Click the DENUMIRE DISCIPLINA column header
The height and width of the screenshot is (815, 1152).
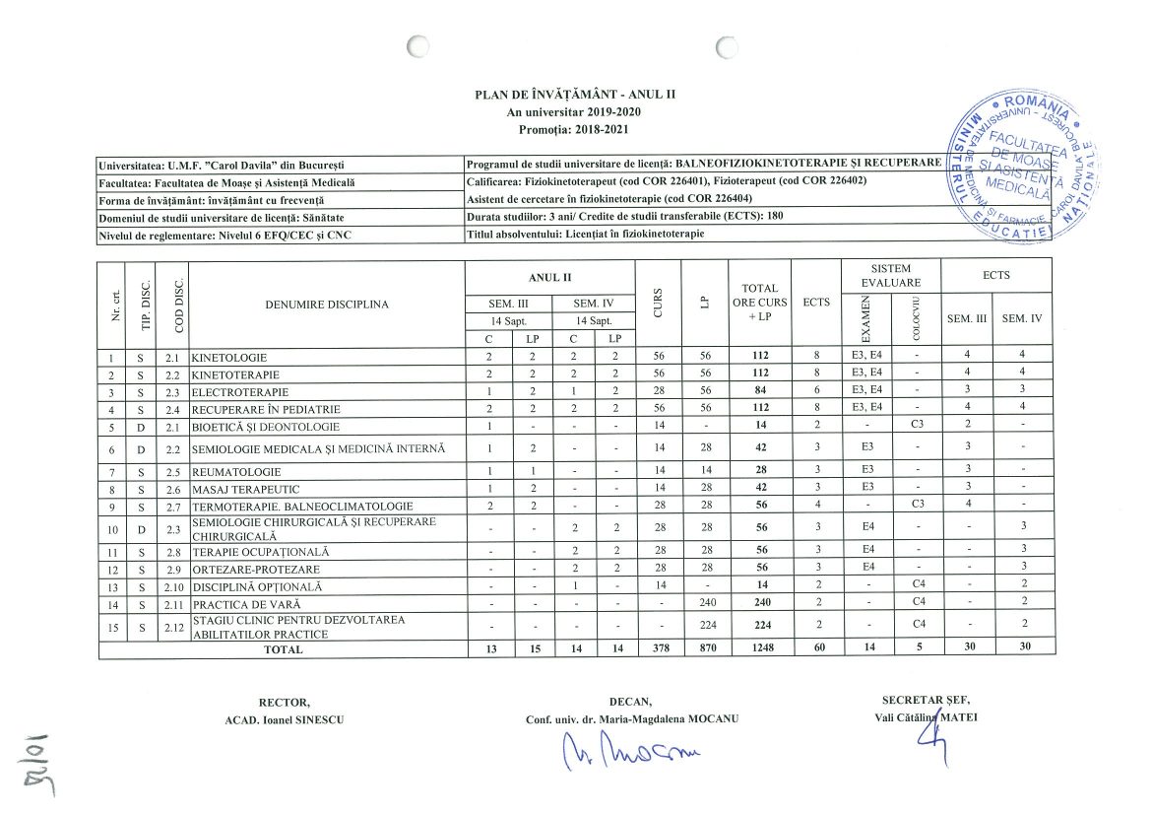(327, 305)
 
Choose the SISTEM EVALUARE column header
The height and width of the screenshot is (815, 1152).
(891, 275)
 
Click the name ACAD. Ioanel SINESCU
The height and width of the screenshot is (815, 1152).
(285, 719)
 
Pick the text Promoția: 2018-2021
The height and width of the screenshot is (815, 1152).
(575, 129)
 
